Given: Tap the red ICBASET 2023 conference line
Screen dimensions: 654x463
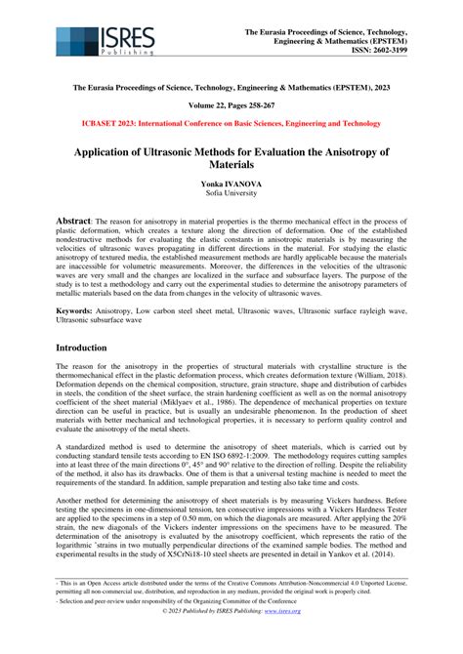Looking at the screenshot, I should (x=231, y=124).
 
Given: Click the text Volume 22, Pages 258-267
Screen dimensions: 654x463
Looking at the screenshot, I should (x=231, y=105).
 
